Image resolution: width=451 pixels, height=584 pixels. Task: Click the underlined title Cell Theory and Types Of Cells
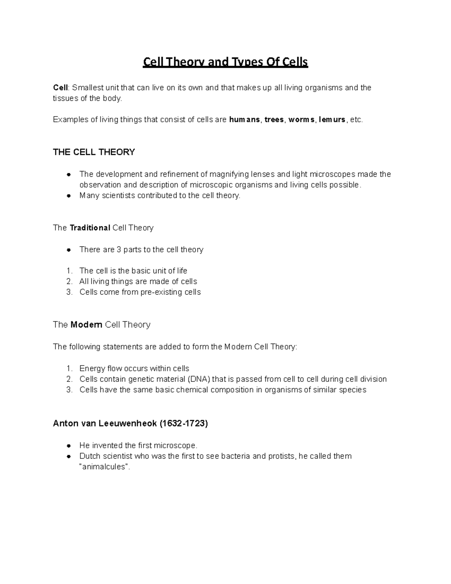tap(225, 62)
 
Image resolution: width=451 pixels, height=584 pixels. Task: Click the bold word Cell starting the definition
tap(60, 88)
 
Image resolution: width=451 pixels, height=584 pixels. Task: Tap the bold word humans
tap(244, 120)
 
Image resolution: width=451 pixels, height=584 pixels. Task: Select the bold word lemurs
tap(332, 120)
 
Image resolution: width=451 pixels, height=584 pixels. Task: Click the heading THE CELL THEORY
tap(94, 152)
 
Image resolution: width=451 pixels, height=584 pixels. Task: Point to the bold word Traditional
tap(90, 228)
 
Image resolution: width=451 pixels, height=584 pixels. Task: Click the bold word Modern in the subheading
tap(86, 325)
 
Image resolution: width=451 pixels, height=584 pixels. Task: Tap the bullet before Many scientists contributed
tap(69, 196)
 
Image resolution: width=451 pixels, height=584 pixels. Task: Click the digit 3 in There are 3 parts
tap(119, 250)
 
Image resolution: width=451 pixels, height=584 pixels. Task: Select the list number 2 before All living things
tap(69, 282)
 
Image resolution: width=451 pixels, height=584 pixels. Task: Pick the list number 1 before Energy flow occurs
tap(69, 369)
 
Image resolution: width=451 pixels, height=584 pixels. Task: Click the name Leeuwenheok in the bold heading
tap(128, 423)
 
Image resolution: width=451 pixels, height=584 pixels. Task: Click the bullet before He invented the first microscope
tap(69, 446)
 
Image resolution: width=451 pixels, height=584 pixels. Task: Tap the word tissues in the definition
tap(65, 99)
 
